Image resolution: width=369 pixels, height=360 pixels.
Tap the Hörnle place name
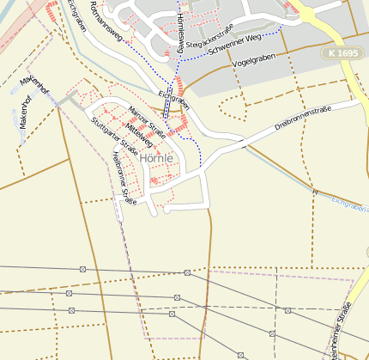(x=156, y=159)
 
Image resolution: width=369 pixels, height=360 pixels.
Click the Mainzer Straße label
(x=146, y=120)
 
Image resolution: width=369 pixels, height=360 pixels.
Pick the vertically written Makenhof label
(x=24, y=112)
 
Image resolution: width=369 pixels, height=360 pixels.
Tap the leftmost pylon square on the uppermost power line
(x=82, y=270)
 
